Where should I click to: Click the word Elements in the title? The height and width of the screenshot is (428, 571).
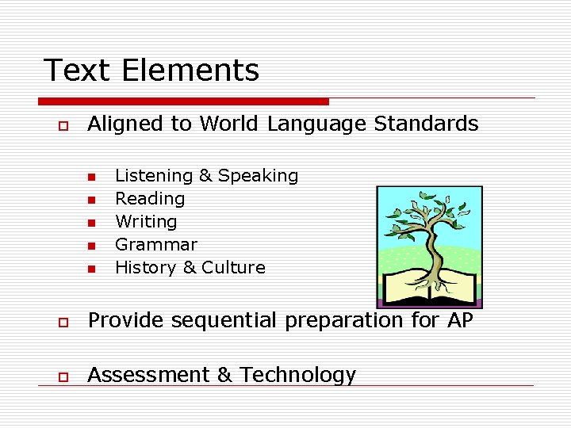pyautogui.click(x=190, y=70)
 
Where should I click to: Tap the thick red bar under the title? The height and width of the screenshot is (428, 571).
pyautogui.click(x=183, y=101)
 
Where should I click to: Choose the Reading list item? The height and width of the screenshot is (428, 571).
pyautogui.click(x=150, y=199)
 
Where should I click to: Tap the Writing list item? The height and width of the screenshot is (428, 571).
pyautogui.click(x=146, y=222)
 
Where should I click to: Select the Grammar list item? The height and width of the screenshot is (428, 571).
pyautogui.click(x=156, y=245)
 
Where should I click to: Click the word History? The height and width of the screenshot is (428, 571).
pyautogui.click(x=147, y=268)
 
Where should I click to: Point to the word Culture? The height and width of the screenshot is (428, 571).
pyautogui.click(x=233, y=268)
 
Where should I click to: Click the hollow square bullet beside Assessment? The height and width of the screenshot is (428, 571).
pyautogui.click(x=59, y=376)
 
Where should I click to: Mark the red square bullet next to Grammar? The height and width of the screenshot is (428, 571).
pyautogui.click(x=91, y=246)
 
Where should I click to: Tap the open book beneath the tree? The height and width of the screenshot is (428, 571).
pyautogui.click(x=429, y=288)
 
